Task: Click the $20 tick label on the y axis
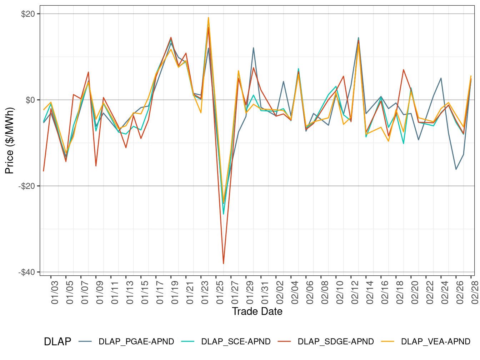[28, 14]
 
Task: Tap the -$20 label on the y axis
[27, 186]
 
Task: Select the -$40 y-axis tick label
[27, 272]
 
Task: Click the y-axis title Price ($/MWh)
[10, 141]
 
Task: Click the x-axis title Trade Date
[257, 311]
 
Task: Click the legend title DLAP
[57, 342]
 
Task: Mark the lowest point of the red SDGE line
[224, 264]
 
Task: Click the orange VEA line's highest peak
[209, 17]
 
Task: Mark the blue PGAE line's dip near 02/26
[456, 169]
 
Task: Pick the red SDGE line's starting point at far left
[44, 171]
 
